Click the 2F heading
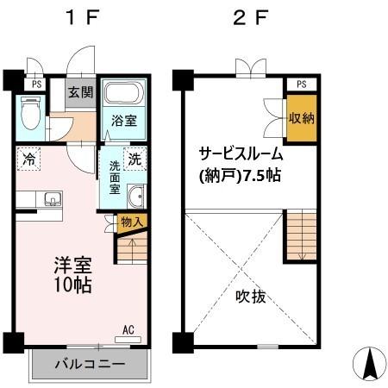click(x=247, y=18)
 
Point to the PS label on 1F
click(x=36, y=84)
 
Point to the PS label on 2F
click(x=300, y=84)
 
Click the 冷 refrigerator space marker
click(x=29, y=160)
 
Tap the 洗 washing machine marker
click(x=135, y=159)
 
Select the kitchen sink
click(x=52, y=202)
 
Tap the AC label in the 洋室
click(x=128, y=329)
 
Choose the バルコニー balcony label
click(x=87, y=364)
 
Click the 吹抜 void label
click(x=251, y=297)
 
